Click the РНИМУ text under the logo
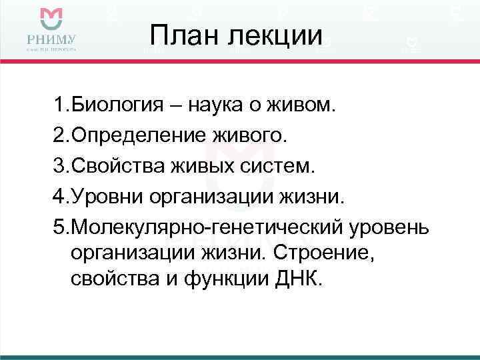coord(51,39)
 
